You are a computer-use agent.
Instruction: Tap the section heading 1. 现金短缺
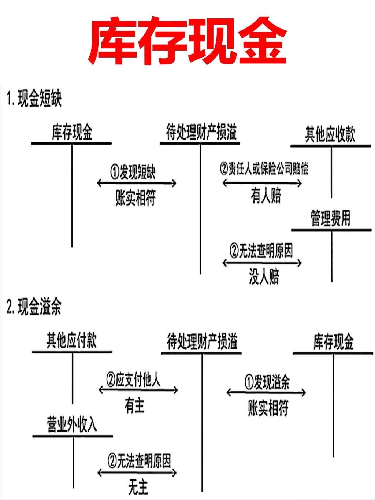(34, 99)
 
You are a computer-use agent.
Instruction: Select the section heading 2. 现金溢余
(34, 307)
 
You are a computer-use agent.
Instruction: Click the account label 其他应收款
(330, 134)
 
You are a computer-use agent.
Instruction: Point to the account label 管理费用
(330, 218)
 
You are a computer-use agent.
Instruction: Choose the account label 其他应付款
(71, 340)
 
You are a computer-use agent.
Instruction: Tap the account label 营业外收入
(72, 425)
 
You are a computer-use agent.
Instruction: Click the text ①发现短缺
(133, 172)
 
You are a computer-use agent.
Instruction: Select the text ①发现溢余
(267, 382)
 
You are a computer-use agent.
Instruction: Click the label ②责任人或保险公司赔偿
(264, 168)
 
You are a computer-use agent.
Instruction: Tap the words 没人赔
(264, 277)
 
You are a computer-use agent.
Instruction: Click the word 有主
(134, 405)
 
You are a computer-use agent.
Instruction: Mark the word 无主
(138, 488)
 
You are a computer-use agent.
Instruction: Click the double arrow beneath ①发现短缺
(137, 183)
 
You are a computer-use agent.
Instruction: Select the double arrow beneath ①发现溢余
(266, 393)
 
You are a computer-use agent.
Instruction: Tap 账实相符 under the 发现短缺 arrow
(135, 198)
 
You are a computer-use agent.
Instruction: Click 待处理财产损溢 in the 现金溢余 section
(202, 341)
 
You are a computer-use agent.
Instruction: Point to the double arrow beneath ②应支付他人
(138, 390)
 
